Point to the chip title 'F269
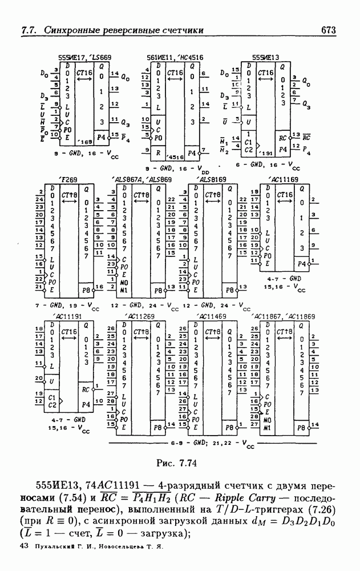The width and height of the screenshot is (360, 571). (68, 179)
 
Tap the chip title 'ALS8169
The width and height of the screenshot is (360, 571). (211, 179)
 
